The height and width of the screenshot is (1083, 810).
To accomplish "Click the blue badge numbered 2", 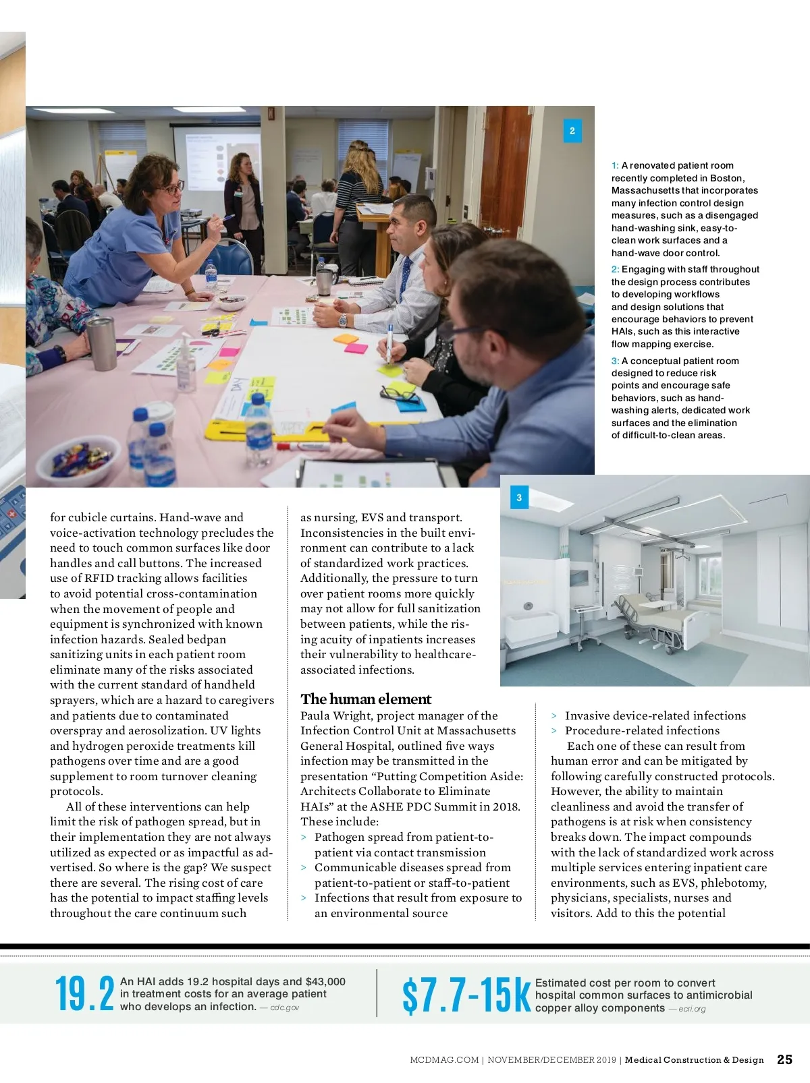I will (x=572, y=131).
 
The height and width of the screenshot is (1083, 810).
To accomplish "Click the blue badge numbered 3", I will (x=518, y=498).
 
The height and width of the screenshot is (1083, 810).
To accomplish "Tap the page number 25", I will (x=784, y=1059).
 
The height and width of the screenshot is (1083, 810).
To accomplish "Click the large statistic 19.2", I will (x=84, y=994).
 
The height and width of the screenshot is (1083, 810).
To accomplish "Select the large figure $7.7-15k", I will (x=466, y=996).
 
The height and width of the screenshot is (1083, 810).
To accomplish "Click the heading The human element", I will (x=365, y=699).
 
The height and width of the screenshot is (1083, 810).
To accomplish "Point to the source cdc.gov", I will (x=284, y=1007).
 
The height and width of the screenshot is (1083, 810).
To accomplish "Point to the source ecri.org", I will (x=692, y=1009).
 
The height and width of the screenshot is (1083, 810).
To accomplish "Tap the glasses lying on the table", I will (x=398, y=391).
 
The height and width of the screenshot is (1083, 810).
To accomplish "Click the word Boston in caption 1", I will (x=726, y=178).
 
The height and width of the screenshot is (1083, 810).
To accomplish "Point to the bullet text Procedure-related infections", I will (x=642, y=730).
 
